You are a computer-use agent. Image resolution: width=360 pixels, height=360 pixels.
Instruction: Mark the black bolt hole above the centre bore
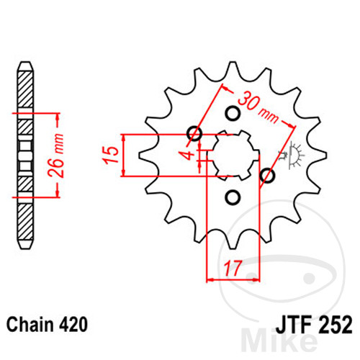click(232, 113)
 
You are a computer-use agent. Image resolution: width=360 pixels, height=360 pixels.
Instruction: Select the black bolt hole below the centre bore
click(232, 197)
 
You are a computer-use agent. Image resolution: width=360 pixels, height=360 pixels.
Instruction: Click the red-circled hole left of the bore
click(193, 134)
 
